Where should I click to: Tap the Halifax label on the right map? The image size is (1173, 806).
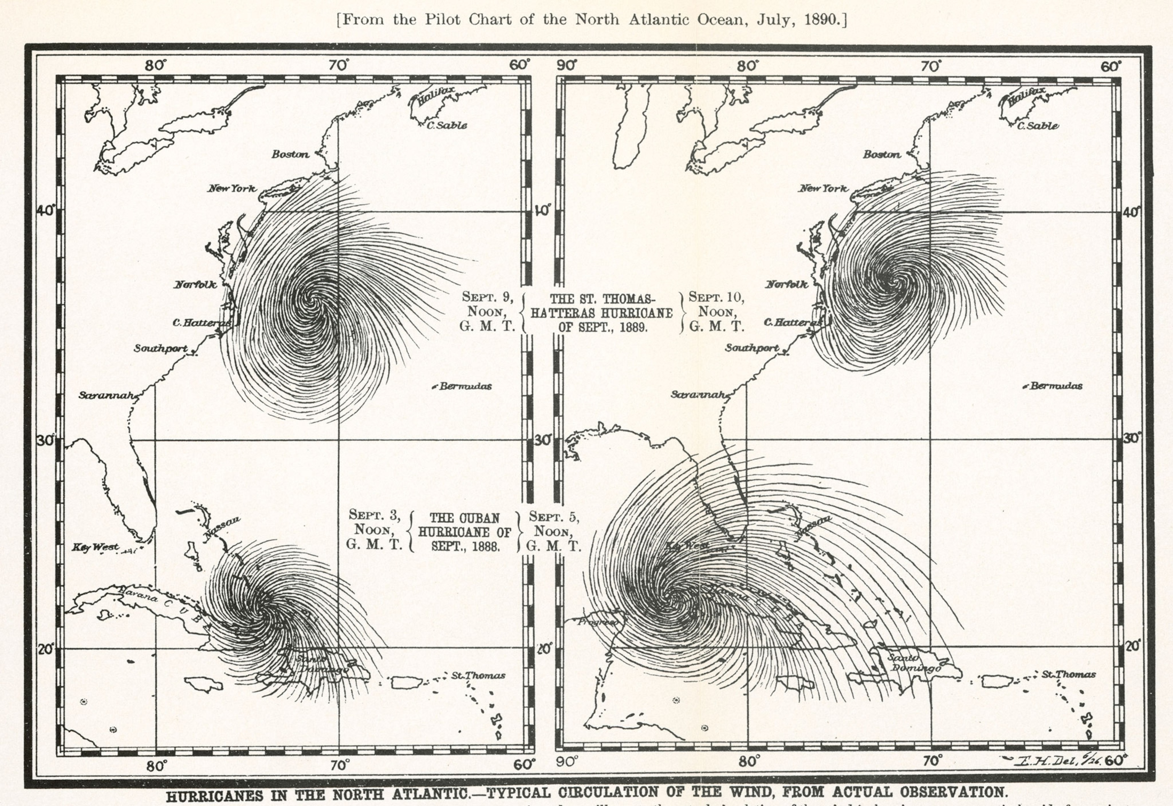[1026, 95]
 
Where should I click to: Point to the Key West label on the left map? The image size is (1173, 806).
[95, 547]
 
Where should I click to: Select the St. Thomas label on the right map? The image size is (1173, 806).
[1068, 674]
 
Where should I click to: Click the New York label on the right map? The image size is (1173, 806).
[823, 189]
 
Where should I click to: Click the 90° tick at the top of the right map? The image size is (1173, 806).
[566, 65]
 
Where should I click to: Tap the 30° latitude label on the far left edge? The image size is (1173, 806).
[45, 440]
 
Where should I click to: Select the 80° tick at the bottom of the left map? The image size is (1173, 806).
[157, 765]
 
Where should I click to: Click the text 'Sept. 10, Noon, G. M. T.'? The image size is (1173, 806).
[716, 311]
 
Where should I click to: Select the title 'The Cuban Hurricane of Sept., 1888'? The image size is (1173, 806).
[464, 532]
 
